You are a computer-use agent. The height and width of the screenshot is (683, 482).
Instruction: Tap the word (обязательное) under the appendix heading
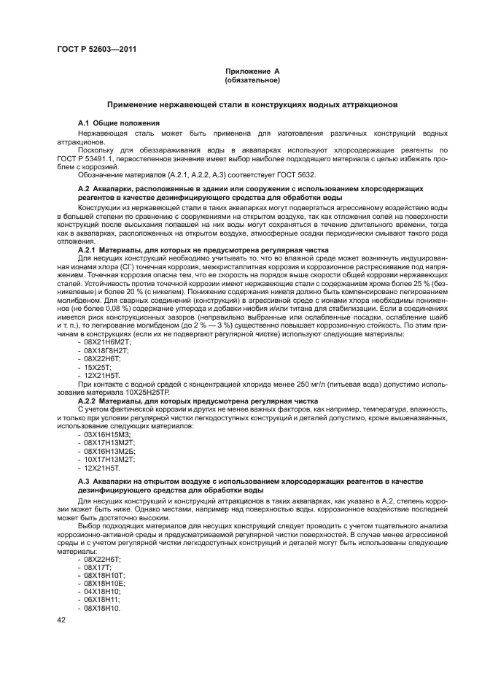pos(252,80)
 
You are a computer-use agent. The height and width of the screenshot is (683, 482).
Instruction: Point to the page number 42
pos(61,620)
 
